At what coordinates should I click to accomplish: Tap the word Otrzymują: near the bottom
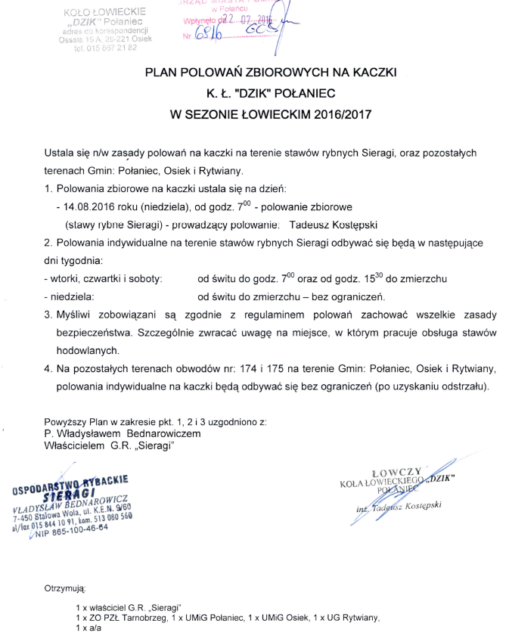67,588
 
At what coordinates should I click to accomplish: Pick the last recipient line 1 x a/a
88,628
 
